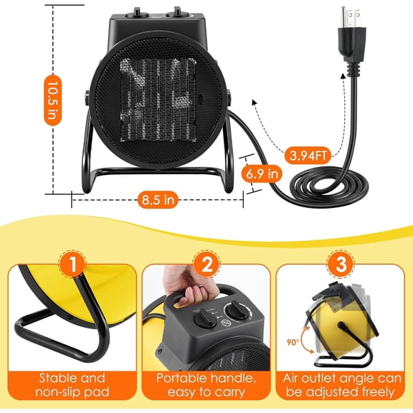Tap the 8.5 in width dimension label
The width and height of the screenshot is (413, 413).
tap(157, 200)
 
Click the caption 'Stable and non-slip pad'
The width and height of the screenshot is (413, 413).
tap(70, 384)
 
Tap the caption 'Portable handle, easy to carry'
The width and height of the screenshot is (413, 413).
tap(206, 384)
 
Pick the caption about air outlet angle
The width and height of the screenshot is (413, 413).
tap(343, 384)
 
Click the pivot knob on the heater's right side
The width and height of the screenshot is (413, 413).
tap(232, 98)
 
